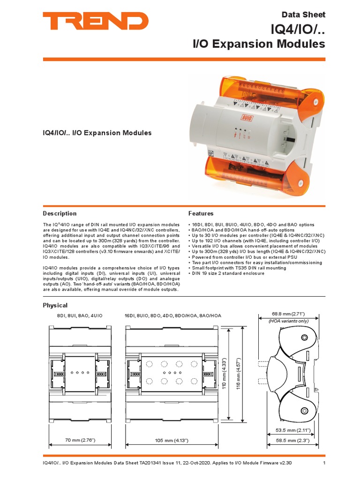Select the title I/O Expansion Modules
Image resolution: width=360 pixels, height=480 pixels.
[259, 44]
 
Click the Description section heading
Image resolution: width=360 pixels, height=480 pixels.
[60, 214]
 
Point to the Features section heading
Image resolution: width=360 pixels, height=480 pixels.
[201, 214]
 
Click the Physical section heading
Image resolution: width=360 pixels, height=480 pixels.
[55, 305]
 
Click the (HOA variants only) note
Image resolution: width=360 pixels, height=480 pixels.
[288, 321]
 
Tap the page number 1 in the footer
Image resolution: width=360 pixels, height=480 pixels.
[324, 464]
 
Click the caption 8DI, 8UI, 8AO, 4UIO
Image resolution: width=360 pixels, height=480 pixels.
[76, 316]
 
